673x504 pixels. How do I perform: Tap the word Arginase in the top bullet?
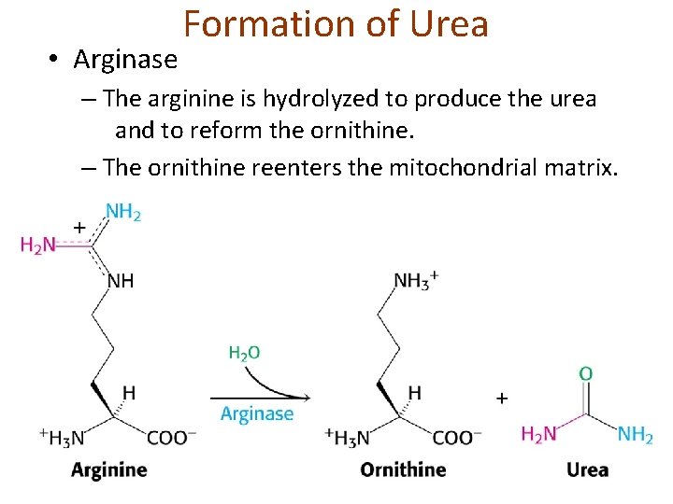pyautogui.click(x=124, y=60)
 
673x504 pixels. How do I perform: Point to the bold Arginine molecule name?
pyautogui.click(x=108, y=469)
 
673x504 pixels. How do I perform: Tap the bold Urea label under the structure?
pyautogui.click(x=587, y=469)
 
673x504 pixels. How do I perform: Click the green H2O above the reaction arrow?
pyautogui.click(x=244, y=353)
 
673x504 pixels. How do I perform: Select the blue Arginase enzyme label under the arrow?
pyautogui.click(x=257, y=413)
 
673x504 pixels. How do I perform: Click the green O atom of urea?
pyautogui.click(x=585, y=374)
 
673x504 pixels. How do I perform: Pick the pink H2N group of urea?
pyautogui.click(x=538, y=434)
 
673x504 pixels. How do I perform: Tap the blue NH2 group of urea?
pyautogui.click(x=635, y=434)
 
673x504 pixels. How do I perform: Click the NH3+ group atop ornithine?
pyautogui.click(x=416, y=280)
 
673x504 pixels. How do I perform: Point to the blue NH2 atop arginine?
pyautogui.click(x=122, y=213)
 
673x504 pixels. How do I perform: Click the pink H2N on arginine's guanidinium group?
pyautogui.click(x=37, y=245)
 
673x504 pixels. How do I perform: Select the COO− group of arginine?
pyautogui.click(x=171, y=437)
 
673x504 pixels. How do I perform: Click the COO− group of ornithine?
pyautogui.click(x=457, y=437)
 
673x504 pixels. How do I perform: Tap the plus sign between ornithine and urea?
pyautogui.click(x=502, y=399)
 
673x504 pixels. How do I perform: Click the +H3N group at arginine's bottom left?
pyautogui.click(x=63, y=437)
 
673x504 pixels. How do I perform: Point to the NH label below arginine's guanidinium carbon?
pyautogui.click(x=122, y=280)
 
